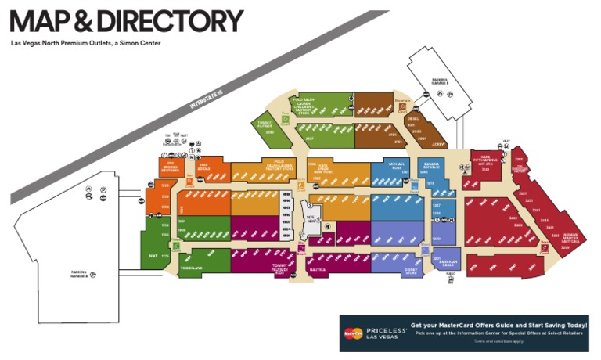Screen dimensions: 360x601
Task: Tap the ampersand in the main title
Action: tap(81, 21)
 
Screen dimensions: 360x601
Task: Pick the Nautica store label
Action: tap(318, 269)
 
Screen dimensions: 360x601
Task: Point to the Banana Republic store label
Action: tap(434, 167)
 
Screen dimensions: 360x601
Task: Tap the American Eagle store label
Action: tap(448, 263)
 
